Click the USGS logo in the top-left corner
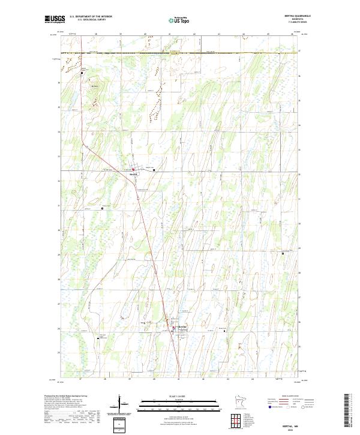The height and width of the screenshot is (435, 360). (x=55, y=19)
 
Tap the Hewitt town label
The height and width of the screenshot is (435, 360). (x=134, y=174)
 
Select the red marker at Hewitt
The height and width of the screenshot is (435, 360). (x=134, y=170)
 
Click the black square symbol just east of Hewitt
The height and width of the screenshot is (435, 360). (x=154, y=170)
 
